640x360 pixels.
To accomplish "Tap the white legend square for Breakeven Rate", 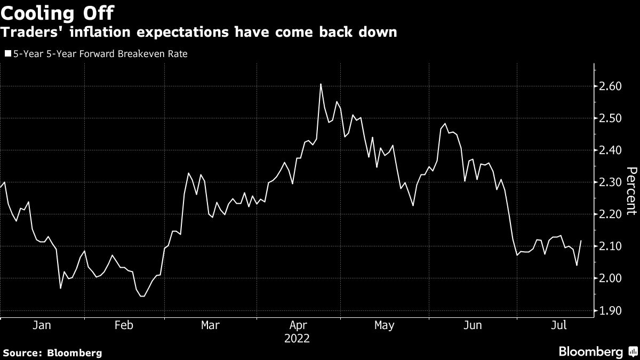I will click(7, 54).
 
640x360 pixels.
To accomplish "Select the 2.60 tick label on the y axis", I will click(611, 86).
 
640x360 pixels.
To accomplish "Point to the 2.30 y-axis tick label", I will click(611, 182).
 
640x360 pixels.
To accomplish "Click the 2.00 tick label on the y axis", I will click(611, 278).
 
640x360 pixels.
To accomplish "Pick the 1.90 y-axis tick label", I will click(611, 310).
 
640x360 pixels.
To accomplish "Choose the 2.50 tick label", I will click(611, 118).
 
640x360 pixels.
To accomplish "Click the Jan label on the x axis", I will click(42, 325).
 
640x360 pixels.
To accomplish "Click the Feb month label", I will click(124, 325).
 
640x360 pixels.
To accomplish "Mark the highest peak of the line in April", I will click(321, 84).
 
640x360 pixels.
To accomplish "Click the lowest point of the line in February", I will click(142, 296).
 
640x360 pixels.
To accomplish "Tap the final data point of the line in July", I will click(580, 241).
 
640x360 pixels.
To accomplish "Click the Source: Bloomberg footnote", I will click(52, 353).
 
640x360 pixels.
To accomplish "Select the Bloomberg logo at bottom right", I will click(597, 351).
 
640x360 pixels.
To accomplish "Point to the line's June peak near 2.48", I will click(445, 124).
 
